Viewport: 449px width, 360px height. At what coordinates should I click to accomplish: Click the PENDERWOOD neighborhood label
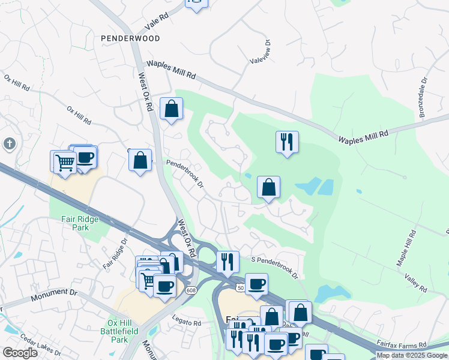[x=130, y=38]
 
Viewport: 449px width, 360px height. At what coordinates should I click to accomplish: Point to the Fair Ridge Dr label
[x=116, y=254]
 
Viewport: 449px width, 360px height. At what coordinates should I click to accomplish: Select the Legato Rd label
[x=186, y=322]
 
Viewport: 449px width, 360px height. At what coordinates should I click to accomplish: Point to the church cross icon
[x=9, y=144]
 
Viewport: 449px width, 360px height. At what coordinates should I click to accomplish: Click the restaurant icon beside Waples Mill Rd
[x=287, y=142]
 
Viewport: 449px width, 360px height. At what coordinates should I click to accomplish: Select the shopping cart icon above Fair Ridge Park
[x=65, y=161]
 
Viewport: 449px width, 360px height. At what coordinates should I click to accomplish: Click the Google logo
[x=20, y=353]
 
